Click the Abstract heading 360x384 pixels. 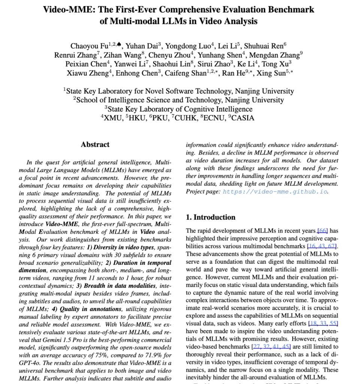pyautogui.click(x=95, y=144)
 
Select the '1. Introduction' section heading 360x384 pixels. pyautogui.click(x=211, y=217)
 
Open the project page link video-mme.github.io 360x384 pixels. pyautogui.click(x=275, y=191)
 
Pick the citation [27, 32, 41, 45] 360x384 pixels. pyautogui.click(x=276, y=346)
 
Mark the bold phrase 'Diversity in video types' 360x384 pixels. pyautogui.click(x=124, y=247)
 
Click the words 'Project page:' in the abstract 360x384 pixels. pyautogui.click(x=202, y=191)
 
